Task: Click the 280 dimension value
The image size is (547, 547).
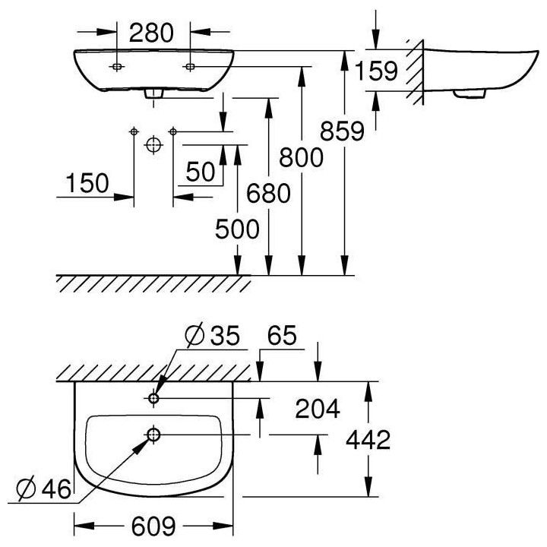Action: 153,33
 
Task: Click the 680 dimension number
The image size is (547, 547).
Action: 268,194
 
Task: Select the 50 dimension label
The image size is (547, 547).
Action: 200,172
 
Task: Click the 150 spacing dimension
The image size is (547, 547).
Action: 87,183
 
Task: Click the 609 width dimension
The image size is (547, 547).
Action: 153,525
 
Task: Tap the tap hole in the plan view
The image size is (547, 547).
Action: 153,397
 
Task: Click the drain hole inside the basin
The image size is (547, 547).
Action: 153,435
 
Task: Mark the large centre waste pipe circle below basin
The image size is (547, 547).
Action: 153,144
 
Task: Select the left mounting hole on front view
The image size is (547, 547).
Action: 116,67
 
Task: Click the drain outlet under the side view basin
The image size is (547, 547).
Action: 469,94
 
